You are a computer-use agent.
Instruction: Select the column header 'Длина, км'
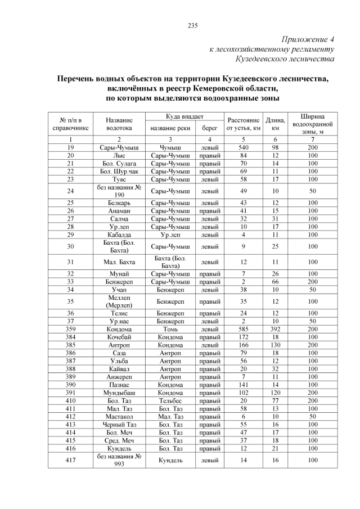[x=276, y=124]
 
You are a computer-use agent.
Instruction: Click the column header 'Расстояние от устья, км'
[x=243, y=124]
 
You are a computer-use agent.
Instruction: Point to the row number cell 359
[x=71, y=329]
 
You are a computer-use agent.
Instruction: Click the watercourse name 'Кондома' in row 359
[x=119, y=329]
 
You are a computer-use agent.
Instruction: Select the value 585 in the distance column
[x=243, y=329]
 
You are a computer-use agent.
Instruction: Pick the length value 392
[x=276, y=329]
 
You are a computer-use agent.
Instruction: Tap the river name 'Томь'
[x=170, y=329]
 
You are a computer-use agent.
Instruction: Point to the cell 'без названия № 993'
[x=119, y=460]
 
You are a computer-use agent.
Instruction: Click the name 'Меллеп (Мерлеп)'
[x=119, y=301]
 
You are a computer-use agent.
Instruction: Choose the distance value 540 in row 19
[x=243, y=147]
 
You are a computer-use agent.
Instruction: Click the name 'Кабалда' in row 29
[x=119, y=234]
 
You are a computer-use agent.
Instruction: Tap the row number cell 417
[x=71, y=460]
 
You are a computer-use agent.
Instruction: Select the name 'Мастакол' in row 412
[x=119, y=417]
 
